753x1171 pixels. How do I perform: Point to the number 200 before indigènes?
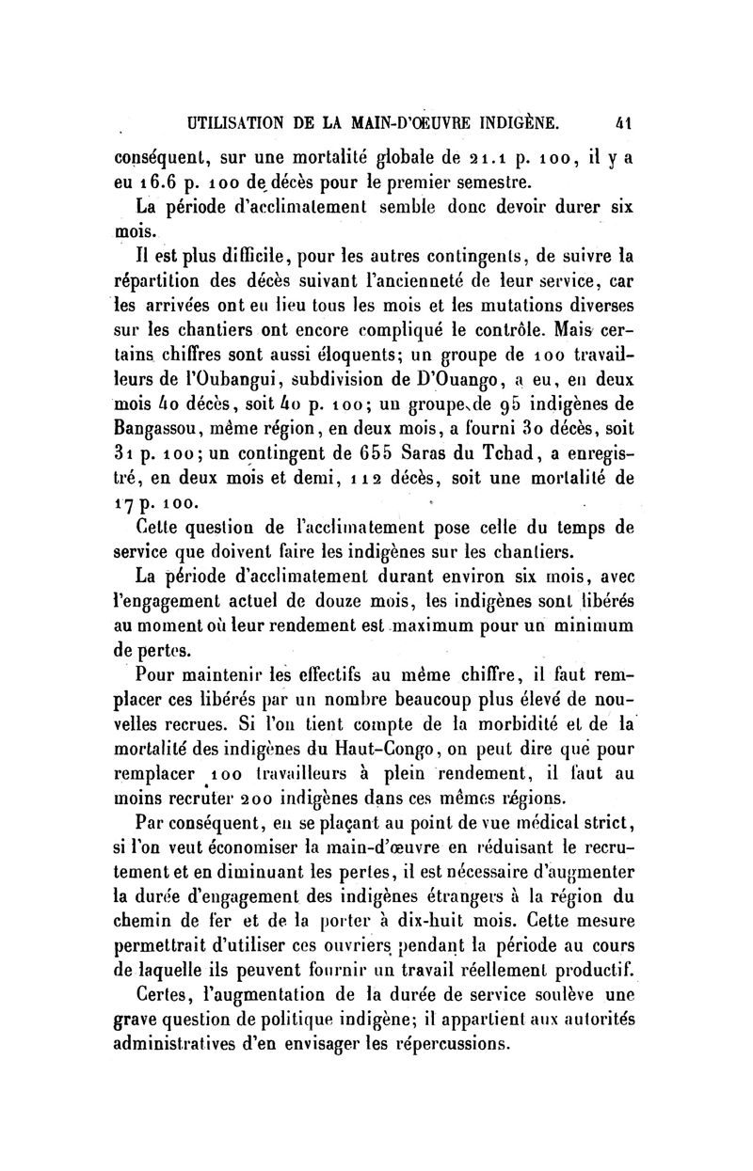[x=232, y=799]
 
